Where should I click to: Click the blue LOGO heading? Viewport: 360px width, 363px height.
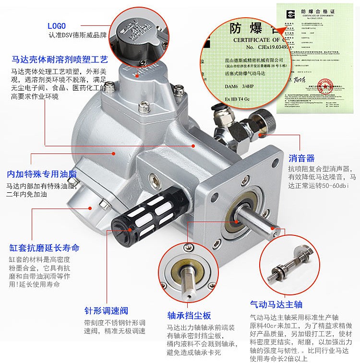56,26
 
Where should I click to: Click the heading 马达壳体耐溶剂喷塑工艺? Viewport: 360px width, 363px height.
60,60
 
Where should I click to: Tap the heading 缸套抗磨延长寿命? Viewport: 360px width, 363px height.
44,248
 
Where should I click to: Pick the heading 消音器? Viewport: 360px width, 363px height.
301,158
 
